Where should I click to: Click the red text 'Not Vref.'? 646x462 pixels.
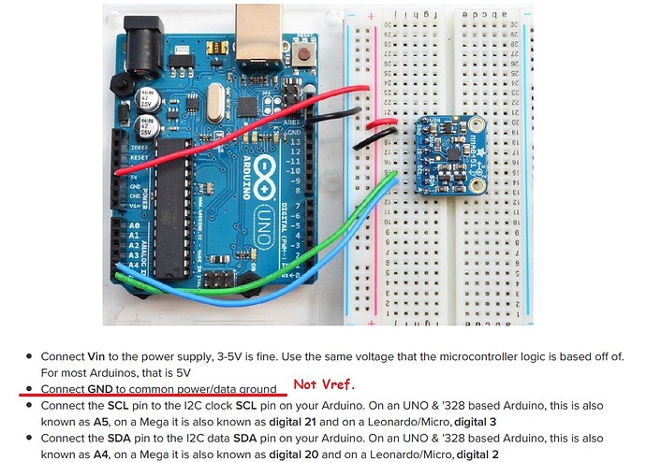click(x=325, y=384)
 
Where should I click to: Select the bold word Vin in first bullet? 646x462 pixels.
click(x=100, y=356)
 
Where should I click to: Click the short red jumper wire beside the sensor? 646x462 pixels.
click(x=382, y=122)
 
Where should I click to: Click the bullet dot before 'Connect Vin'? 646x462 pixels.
click(x=30, y=356)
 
